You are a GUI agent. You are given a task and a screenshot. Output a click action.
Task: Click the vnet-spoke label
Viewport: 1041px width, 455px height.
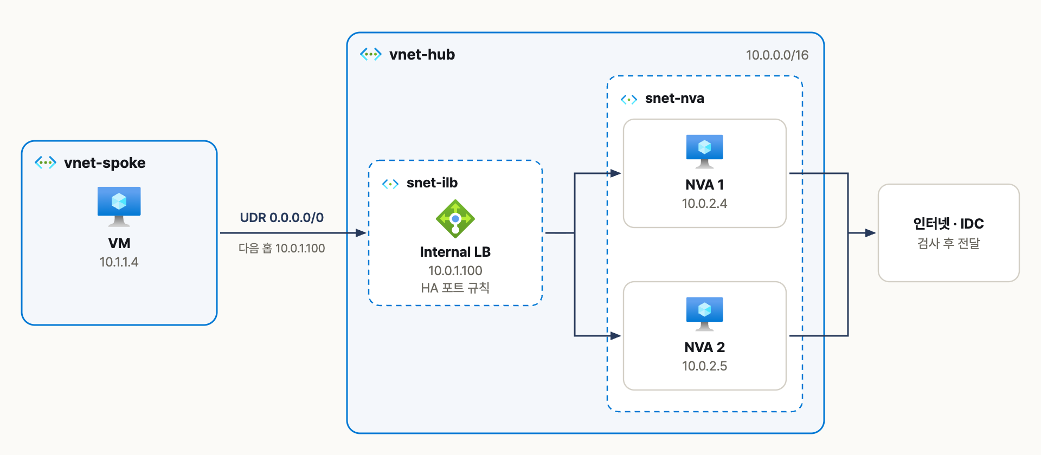[105, 162]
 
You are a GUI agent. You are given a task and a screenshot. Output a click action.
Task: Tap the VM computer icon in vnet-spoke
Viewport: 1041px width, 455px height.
[119, 206]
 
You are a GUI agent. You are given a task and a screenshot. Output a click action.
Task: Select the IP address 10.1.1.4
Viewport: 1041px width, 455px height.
[119, 262]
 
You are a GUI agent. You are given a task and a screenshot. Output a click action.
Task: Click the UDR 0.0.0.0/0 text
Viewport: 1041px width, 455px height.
[282, 218]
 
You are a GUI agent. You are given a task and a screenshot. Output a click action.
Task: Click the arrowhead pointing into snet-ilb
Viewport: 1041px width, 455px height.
[361, 233]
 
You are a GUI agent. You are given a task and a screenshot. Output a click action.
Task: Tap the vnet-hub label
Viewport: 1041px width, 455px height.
[422, 54]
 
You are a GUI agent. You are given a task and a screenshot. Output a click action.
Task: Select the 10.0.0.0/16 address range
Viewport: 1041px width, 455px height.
[777, 55]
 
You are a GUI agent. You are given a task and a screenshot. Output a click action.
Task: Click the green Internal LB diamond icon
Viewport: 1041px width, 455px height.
[455, 219]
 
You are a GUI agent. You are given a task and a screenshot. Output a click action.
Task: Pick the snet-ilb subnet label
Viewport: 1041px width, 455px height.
[432, 183]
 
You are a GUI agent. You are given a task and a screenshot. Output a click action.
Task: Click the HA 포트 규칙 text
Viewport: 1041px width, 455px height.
[455, 288]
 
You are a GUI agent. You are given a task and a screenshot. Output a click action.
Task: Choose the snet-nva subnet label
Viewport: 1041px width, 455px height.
[674, 98]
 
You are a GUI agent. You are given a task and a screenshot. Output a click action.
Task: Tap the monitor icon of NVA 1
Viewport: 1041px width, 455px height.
[705, 151]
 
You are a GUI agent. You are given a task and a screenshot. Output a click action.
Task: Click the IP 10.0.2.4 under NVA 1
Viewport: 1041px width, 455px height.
[705, 204]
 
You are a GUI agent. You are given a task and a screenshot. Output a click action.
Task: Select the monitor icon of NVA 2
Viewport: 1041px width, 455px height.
[705, 314]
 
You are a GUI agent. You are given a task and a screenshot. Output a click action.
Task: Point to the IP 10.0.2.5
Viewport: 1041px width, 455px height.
[705, 366]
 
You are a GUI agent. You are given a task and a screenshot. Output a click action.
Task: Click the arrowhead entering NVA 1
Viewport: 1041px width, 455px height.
[615, 173]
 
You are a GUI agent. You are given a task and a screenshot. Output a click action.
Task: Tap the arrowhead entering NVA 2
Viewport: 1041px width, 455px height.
[615, 336]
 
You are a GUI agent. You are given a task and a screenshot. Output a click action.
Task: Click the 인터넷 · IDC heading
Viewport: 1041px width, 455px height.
[948, 224]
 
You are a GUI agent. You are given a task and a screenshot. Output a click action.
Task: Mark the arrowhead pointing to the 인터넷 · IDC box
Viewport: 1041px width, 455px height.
[870, 233]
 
